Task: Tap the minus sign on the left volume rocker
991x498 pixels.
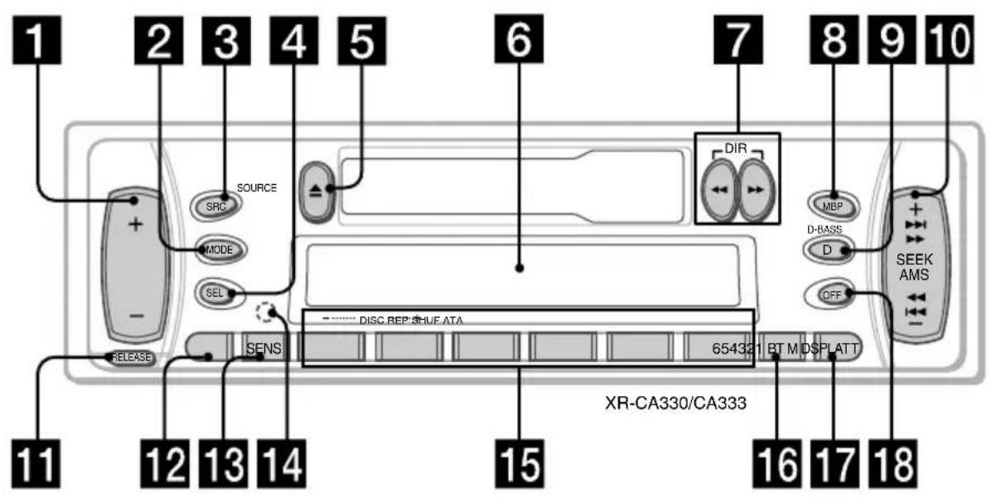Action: tap(137, 317)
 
